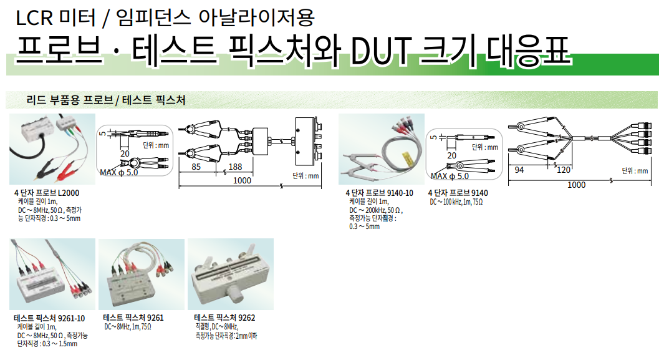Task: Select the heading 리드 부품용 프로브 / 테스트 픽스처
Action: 106,100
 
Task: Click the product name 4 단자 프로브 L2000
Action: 47,193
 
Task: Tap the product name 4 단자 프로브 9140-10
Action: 380,193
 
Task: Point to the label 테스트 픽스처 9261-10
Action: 49,318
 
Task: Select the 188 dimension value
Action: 236,167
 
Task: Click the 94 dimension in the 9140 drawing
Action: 520,170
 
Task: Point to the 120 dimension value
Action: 564,170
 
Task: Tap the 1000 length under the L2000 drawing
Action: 243,180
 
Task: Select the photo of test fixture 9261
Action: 141,274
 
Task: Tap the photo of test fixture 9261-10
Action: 52,274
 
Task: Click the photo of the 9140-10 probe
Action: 381,148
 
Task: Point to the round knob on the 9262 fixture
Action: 233,293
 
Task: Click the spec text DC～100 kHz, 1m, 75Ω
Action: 456,202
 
